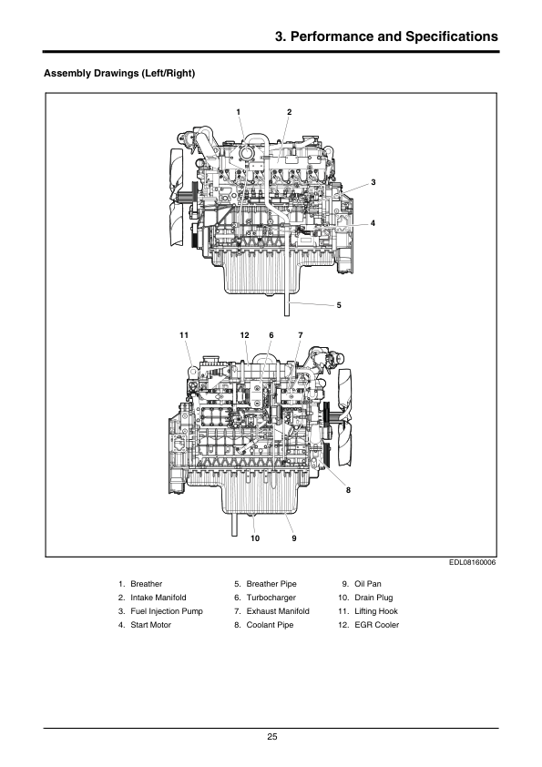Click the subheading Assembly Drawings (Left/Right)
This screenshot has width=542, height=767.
coord(119,74)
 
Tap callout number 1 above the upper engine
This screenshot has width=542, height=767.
coord(239,112)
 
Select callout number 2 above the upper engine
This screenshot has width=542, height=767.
coord(289,112)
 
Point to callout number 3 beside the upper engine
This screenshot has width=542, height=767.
coord(373,182)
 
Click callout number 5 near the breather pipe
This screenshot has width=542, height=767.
coord(339,305)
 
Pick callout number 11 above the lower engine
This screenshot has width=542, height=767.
coord(184,335)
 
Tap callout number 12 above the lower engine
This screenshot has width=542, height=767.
coord(245,335)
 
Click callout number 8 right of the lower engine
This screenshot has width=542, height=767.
coord(348,490)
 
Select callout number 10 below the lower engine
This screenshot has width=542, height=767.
coord(255,538)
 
